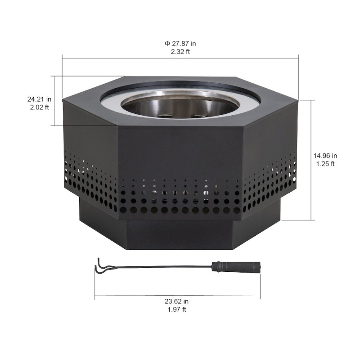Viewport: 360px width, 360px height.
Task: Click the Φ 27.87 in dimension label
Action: click(180, 43)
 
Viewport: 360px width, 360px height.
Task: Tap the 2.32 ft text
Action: click(180, 52)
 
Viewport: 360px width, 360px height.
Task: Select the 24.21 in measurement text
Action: click(39, 99)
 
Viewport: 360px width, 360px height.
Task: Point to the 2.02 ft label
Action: click(39, 107)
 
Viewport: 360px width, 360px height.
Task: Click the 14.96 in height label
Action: click(325, 156)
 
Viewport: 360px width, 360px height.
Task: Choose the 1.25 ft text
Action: click(325, 164)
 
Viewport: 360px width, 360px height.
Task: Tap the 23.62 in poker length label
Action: click(176, 301)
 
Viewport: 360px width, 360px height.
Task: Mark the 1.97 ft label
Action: click(176, 310)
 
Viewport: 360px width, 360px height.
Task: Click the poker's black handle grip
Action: click(236, 267)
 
